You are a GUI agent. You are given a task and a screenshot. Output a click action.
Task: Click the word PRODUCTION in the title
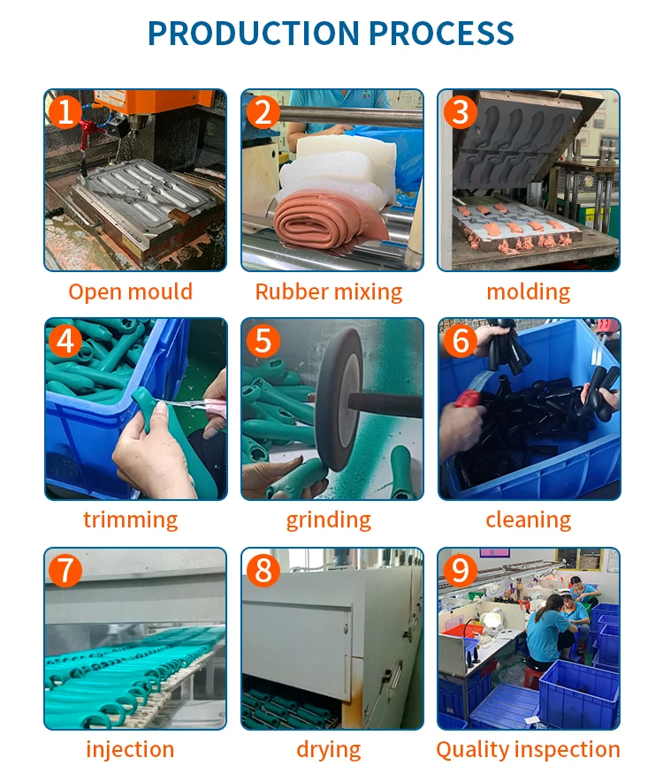click(x=254, y=34)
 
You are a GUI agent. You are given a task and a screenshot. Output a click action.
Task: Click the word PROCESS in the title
click(x=441, y=34)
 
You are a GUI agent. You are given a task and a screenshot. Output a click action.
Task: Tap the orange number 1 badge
click(x=65, y=112)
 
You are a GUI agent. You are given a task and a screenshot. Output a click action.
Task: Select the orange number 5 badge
click(x=263, y=341)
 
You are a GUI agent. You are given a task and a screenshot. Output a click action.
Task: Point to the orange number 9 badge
click(x=461, y=571)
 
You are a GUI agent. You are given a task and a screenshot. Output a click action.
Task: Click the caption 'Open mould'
click(x=130, y=292)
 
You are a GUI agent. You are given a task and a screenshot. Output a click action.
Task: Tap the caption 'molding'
click(x=529, y=292)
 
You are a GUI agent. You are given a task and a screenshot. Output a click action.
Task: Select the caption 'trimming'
click(x=130, y=520)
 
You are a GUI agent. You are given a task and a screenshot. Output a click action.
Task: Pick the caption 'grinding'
click(x=329, y=520)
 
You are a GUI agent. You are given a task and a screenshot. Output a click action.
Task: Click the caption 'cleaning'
click(x=529, y=520)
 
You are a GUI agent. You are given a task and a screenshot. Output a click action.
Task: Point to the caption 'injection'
click(x=130, y=750)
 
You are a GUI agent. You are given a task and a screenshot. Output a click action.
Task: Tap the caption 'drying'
click(x=329, y=750)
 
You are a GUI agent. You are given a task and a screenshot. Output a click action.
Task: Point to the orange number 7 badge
click(x=65, y=571)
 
